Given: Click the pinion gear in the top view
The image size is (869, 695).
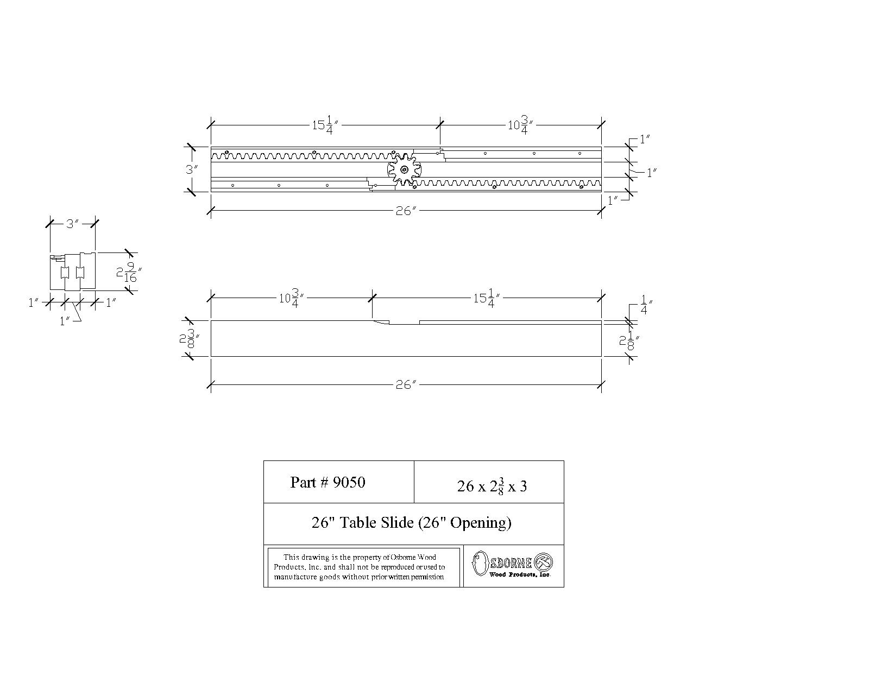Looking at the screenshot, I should tap(404, 169).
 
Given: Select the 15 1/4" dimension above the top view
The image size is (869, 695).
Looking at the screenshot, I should tap(325, 125).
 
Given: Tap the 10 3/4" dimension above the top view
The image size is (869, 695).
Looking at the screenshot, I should tap(520, 125).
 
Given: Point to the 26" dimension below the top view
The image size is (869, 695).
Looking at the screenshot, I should tap(405, 211).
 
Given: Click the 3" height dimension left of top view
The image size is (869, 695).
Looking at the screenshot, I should tap(191, 169).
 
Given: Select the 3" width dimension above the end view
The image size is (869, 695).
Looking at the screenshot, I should tap(72, 223).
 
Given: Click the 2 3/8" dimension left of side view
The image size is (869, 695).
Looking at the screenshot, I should tap(189, 339).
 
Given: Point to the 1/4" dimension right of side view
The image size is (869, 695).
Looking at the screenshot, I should tap(645, 305).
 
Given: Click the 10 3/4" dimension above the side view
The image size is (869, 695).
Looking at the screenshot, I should tap(291, 298).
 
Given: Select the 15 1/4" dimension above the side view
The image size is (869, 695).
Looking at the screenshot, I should tap(487, 298).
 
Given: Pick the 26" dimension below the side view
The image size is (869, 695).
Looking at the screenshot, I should tap(405, 385).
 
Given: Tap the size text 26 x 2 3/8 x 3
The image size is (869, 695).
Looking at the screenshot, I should tap(492, 485).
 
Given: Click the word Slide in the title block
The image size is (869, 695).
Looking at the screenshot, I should tap(395, 522).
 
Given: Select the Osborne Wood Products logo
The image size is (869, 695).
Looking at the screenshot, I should tap(512, 564).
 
